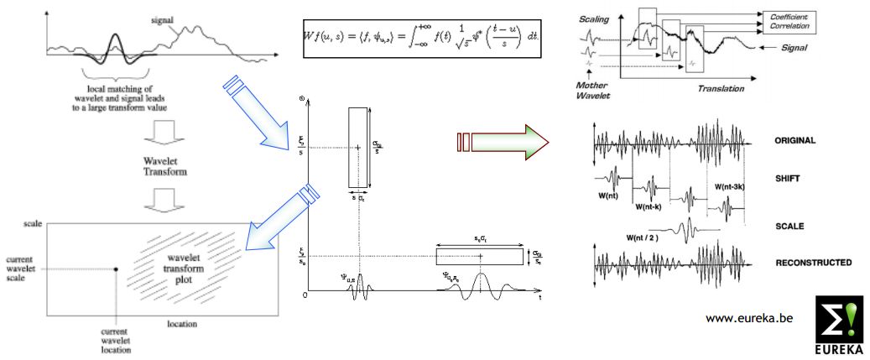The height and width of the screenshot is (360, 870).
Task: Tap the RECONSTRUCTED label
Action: pyautogui.click(x=813, y=263)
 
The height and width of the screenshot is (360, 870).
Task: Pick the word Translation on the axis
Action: pyautogui.click(x=722, y=87)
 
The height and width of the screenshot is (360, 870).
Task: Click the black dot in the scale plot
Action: pyautogui.click(x=116, y=269)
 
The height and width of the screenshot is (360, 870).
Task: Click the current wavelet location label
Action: pyautogui.click(x=116, y=340)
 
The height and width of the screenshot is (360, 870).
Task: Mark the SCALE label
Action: pyautogui.click(x=790, y=226)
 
